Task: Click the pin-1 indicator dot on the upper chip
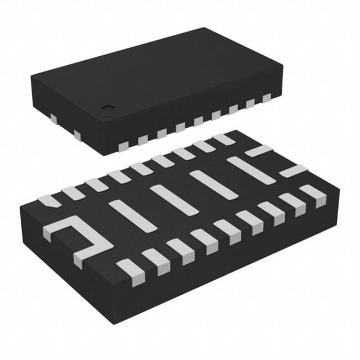pyautogui.click(x=107, y=106)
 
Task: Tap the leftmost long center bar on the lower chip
pyautogui.click(x=132, y=215)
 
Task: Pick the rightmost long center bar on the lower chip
pyautogui.click(x=251, y=169)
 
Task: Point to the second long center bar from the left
pyautogui.click(x=174, y=199)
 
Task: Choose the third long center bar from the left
pyautogui.click(x=213, y=184)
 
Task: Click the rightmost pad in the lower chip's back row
pyautogui.click(x=224, y=138)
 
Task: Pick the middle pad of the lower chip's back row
pyautogui.click(x=141, y=169)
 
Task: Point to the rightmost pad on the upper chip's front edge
pyautogui.click(x=266, y=98)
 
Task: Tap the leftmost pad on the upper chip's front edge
pyautogui.click(x=123, y=146)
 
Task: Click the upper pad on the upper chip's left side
pyautogui.click(x=54, y=118)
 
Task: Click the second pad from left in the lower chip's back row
pyautogui.click(x=73, y=192)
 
